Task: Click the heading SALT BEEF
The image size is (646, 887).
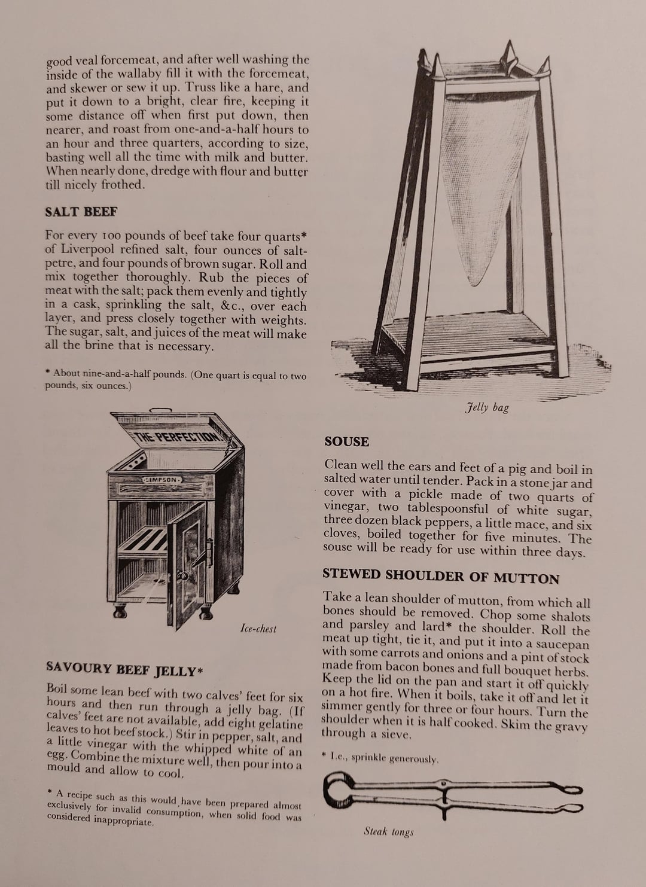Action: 81,212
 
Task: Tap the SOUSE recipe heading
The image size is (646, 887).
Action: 346,442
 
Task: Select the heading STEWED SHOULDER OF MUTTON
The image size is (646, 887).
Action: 441,576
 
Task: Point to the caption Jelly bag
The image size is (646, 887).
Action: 487,408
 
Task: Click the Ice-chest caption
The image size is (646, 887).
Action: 258,629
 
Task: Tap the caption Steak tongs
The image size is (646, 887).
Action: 389,831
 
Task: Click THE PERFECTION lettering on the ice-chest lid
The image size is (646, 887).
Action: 178,436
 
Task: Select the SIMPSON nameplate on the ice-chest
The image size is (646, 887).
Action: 161,480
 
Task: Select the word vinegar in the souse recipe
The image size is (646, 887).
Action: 347,507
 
